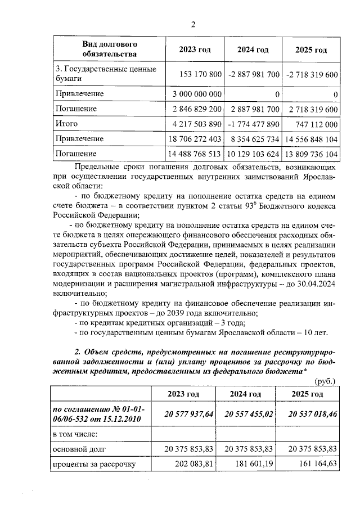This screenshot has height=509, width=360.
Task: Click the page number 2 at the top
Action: [192, 24]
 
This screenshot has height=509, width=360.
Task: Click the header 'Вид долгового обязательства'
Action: [110, 49]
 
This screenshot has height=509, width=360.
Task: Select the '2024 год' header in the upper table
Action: [253, 50]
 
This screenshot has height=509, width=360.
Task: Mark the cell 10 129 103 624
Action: [253, 154]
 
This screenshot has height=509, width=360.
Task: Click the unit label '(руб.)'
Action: [326, 381]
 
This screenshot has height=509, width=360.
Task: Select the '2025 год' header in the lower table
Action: [307, 394]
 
